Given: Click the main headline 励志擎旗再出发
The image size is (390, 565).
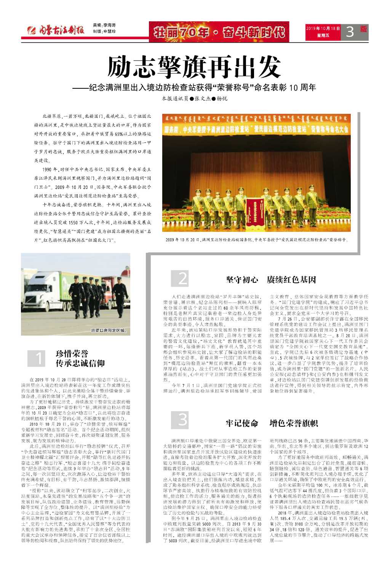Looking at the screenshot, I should tap(194, 67).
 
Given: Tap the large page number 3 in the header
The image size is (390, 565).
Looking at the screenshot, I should tap(350, 32).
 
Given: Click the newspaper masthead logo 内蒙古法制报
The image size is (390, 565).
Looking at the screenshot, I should tap(58, 31).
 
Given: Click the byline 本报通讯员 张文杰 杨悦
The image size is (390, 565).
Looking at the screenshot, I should tap(194, 99).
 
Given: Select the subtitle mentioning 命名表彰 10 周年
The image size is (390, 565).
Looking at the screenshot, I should tap(194, 88).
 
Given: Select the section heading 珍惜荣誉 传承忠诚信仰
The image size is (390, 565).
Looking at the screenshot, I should tap(80, 358).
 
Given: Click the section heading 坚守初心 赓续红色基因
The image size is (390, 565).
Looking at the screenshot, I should tap(271, 280).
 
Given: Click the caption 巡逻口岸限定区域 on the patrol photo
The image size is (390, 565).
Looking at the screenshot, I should tap(108, 330).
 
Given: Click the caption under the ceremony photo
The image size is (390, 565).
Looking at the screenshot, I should tap(257, 240).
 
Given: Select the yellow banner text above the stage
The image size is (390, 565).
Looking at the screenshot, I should tap(256, 129).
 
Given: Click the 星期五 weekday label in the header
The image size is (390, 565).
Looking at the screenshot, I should tap(323, 36).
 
